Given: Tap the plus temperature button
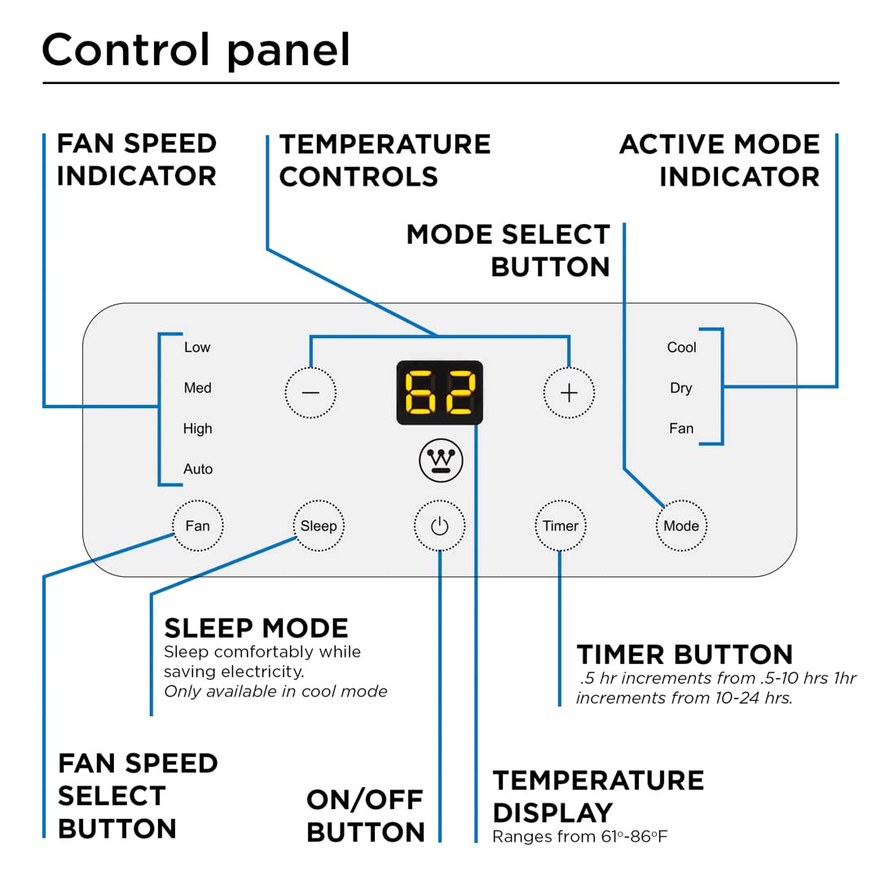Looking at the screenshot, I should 569,393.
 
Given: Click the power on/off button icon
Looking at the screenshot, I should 439,526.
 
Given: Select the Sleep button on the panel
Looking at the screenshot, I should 319,526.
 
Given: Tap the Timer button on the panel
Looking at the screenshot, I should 561,526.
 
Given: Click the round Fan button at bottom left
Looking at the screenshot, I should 197,526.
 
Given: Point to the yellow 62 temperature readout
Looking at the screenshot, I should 440,393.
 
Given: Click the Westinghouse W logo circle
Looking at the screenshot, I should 441,461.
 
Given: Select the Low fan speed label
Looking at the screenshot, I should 197,347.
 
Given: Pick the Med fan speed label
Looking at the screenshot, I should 197,388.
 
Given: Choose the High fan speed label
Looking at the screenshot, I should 197,429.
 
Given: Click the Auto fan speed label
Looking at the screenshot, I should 198,469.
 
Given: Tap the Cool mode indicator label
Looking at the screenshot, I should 681,347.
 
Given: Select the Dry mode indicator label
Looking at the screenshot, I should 681,388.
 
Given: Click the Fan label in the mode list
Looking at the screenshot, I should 681,429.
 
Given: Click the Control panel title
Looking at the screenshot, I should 196,51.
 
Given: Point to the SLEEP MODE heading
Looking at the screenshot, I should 256,627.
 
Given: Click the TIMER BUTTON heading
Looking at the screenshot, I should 684,654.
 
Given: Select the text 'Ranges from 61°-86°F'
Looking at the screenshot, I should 579,837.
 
